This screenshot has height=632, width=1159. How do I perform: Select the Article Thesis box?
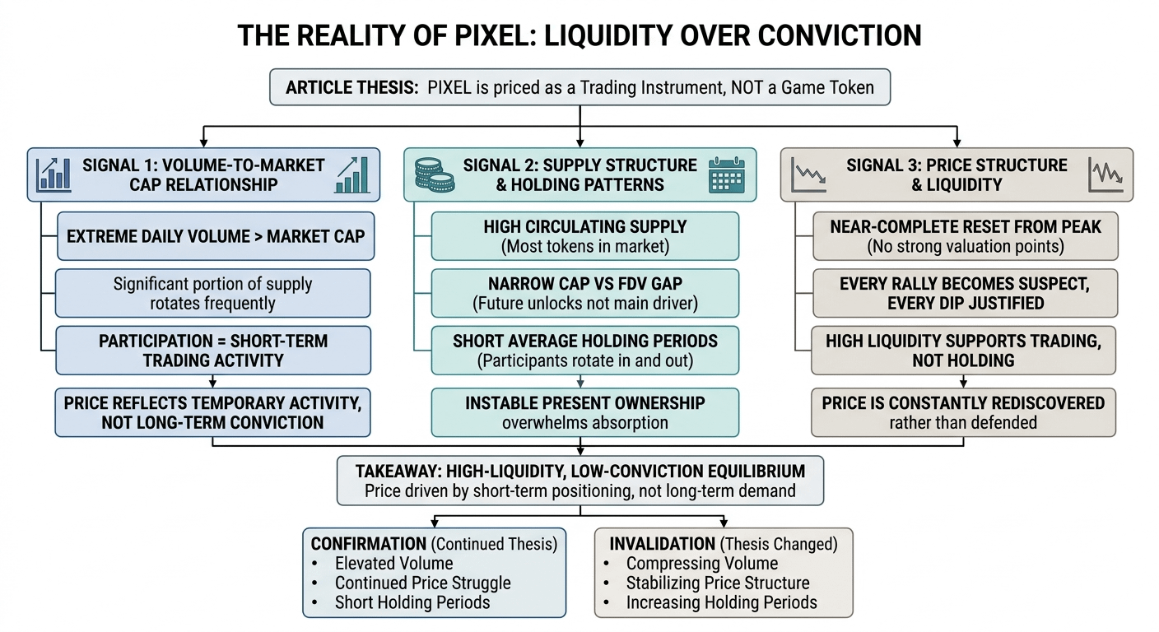[x=579, y=87]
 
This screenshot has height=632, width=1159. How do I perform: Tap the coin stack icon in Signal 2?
[x=434, y=174]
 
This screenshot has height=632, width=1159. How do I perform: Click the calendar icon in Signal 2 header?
[x=726, y=174]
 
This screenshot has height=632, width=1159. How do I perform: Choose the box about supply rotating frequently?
[x=212, y=294]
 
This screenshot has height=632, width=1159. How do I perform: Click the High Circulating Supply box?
[x=584, y=236]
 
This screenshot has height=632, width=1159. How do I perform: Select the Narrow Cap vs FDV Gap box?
[x=584, y=294]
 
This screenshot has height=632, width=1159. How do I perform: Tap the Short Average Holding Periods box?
[x=584, y=351]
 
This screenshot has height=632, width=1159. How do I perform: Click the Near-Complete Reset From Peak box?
[x=965, y=236]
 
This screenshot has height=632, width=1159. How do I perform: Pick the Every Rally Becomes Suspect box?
[x=965, y=294]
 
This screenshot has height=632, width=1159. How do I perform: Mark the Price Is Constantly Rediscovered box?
[x=963, y=411]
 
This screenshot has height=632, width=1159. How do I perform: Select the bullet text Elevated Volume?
[x=393, y=564]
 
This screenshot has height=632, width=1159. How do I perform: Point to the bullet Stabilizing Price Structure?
[x=717, y=583]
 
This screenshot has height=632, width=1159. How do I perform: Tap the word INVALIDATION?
[x=662, y=544]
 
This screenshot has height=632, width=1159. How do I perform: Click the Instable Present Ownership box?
[x=584, y=411]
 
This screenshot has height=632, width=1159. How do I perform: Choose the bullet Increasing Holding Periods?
[x=721, y=602]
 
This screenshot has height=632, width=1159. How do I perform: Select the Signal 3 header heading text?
[x=957, y=174]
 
